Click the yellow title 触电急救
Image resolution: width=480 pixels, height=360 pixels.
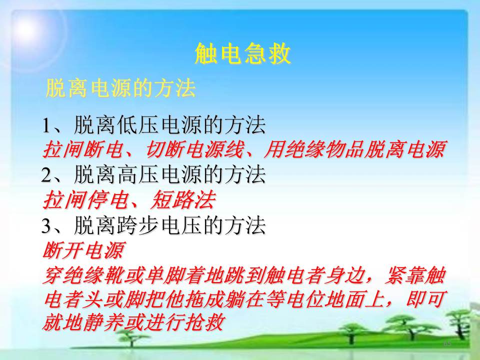click(x=242, y=53)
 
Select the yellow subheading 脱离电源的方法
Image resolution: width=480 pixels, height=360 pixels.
click(x=120, y=88)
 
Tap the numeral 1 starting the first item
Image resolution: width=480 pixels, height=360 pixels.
click(x=46, y=125)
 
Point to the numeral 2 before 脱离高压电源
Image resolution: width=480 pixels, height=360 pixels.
click(x=46, y=175)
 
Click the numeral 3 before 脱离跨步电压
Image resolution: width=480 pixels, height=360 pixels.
click(x=46, y=226)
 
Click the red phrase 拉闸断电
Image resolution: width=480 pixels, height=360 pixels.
click(x=83, y=150)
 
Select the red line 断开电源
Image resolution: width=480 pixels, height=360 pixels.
click(x=83, y=250)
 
